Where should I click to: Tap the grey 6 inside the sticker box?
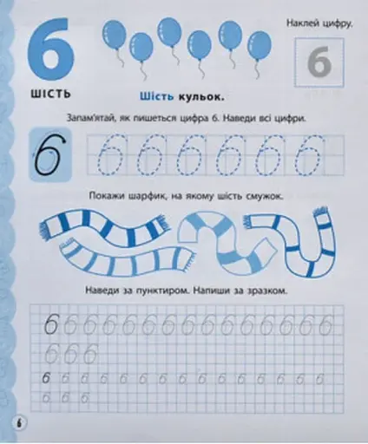(319, 63)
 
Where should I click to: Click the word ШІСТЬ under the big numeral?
(51, 94)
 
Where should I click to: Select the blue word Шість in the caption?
(156, 96)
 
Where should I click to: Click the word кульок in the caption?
(201, 97)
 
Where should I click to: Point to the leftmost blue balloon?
(115, 34)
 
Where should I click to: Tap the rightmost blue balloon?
(260, 45)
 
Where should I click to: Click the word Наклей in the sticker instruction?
(302, 23)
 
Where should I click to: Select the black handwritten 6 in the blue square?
(50, 154)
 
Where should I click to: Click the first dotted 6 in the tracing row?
(110, 154)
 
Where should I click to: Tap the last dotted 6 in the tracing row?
(309, 154)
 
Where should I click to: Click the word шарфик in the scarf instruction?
(148, 196)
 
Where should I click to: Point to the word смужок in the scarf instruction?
(263, 197)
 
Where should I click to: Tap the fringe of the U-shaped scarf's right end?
(320, 214)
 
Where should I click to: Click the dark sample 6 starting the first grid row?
(51, 324)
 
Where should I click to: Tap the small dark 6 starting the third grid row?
(46, 378)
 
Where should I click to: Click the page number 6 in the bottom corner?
(20, 424)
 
